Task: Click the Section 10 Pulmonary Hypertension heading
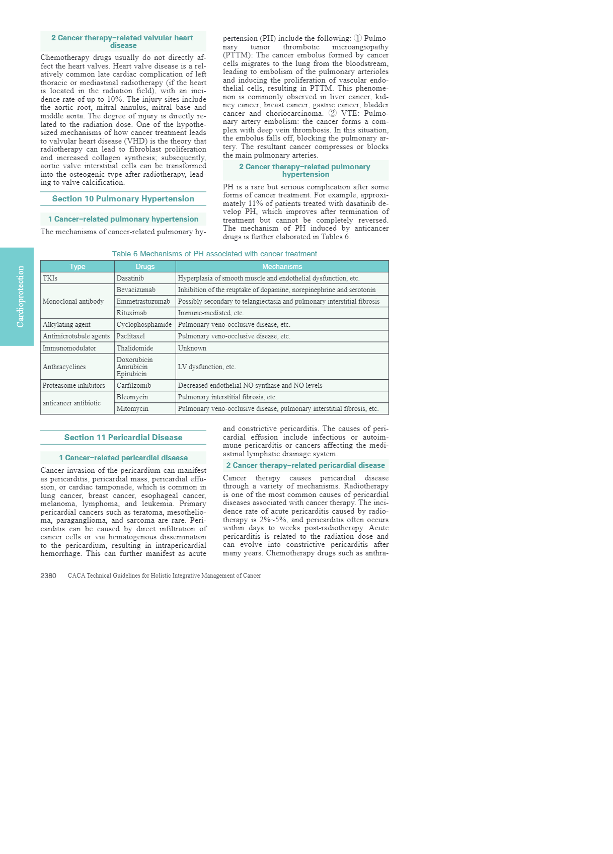(x=123, y=199)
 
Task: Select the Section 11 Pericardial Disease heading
(x=123, y=438)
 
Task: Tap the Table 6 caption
(x=214, y=254)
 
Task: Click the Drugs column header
(x=145, y=266)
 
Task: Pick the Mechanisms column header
(x=282, y=266)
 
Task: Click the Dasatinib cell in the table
(x=130, y=278)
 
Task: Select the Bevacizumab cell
(x=136, y=290)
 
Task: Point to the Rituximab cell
(x=132, y=313)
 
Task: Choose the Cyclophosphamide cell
(x=144, y=324)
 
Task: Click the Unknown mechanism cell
(x=192, y=348)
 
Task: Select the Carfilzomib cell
(x=134, y=385)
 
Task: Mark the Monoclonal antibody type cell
(x=73, y=301)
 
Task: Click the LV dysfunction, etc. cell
(x=207, y=367)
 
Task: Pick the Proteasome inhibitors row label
(x=74, y=385)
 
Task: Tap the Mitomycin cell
(x=132, y=408)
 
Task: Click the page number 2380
(x=48, y=576)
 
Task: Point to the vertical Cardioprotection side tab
(x=20, y=297)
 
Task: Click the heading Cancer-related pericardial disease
(x=123, y=458)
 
